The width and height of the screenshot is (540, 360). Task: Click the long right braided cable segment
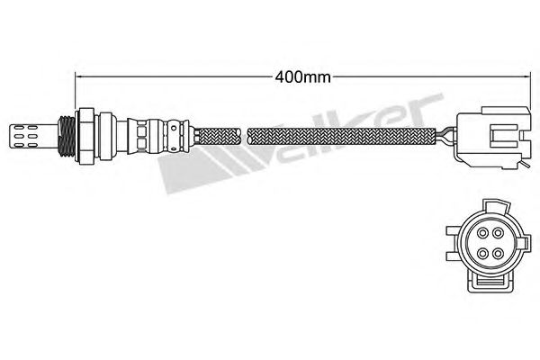coord(342,134)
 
